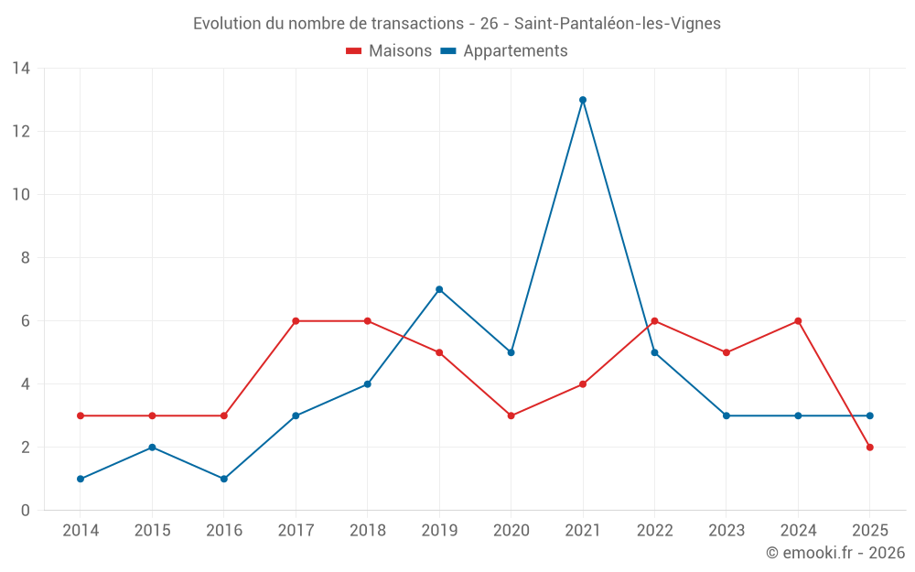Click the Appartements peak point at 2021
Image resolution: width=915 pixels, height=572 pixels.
[583, 100]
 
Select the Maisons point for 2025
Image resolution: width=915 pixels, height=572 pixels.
[870, 448]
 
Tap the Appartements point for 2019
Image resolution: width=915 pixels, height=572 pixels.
[439, 289]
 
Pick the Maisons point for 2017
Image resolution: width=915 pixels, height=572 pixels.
[296, 321]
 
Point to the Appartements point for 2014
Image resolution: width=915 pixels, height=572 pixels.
[81, 479]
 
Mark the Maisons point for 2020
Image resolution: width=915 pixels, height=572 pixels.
[511, 416]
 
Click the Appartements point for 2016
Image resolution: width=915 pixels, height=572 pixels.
[224, 479]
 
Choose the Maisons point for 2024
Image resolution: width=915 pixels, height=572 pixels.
[798, 321]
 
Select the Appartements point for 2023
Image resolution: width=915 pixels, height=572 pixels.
[727, 416]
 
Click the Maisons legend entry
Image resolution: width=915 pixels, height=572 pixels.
[389, 51]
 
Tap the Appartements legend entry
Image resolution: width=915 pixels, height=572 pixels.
[504, 51]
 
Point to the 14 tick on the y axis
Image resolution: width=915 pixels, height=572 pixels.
[21, 69]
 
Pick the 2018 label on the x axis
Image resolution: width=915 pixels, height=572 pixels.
[367, 531]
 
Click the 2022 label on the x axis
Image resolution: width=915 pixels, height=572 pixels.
[654, 531]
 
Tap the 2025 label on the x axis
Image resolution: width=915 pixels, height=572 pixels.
[870, 531]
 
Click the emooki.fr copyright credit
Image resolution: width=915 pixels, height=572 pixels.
[835, 553]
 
